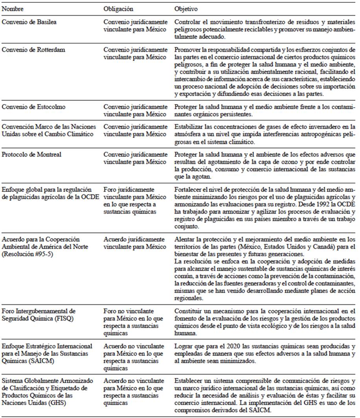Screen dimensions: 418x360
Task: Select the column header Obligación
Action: click(118, 8)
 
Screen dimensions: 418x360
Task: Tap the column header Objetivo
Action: click(186, 8)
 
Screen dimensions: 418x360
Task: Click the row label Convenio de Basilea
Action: click(29, 22)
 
